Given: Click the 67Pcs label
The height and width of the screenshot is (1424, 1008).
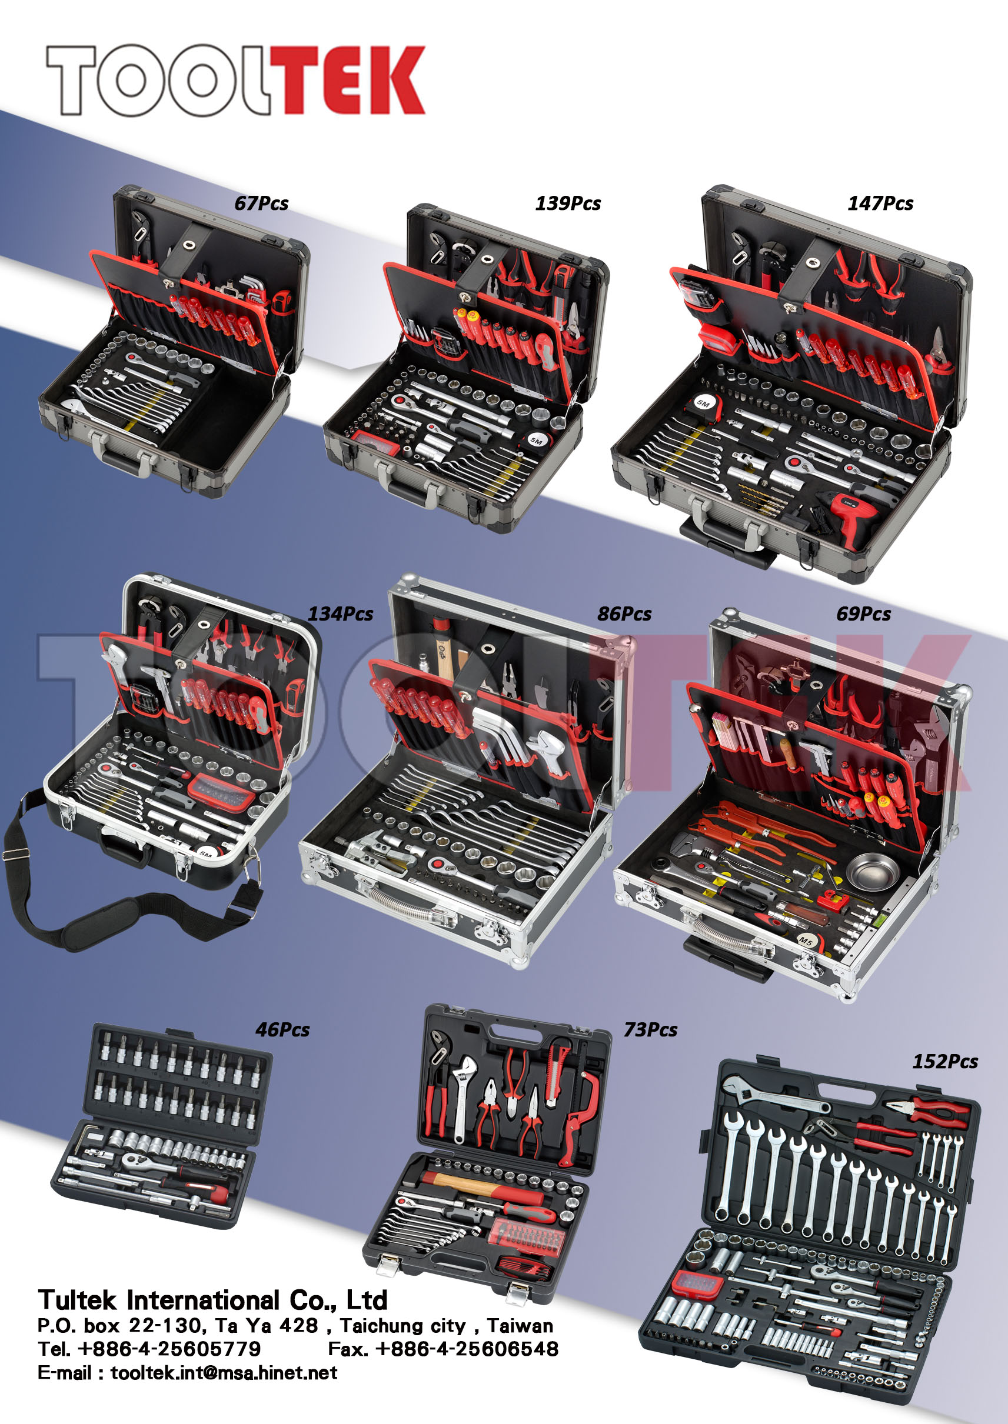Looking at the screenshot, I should point(261,204).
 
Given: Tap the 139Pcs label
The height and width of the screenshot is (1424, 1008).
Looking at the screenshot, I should point(567,204).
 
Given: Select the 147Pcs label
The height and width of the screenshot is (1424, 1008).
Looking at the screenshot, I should point(880,204).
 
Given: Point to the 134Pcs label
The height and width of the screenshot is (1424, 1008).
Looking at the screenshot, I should point(340,613).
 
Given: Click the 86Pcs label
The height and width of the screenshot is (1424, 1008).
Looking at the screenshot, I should point(624,613).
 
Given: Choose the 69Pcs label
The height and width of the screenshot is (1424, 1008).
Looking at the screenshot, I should point(863,613).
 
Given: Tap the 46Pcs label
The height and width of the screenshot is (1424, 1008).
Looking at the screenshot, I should point(282,1030).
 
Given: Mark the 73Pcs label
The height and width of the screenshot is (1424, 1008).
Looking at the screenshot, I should point(650,1030).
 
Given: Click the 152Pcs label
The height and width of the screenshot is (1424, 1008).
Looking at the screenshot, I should point(944,1062).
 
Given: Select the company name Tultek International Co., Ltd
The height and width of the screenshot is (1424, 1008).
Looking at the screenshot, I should point(212,1300).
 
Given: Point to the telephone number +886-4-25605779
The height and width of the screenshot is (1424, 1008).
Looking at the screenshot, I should point(169,1349).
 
